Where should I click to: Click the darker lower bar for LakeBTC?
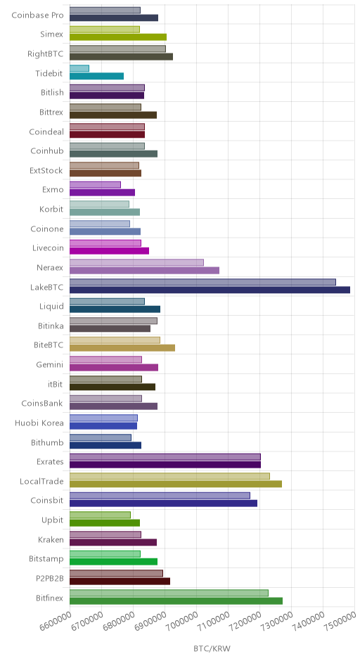(x=210, y=290)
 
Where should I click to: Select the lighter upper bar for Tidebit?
(x=79, y=68)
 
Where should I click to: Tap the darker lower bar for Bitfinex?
(x=176, y=601)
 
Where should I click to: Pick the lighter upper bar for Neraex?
(x=136, y=262)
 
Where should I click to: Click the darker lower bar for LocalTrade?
(x=176, y=484)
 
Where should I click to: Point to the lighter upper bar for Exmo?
(x=95, y=185)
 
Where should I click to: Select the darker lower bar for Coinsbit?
(x=164, y=503)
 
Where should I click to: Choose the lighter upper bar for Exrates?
(x=165, y=456)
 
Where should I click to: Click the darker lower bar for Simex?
(x=118, y=37)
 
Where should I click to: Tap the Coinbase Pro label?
(x=37, y=15)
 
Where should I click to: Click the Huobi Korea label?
(x=39, y=423)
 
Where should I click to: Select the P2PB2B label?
(x=50, y=578)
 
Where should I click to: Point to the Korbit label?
(x=51, y=209)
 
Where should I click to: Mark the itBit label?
(x=56, y=384)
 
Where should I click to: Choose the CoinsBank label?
(x=42, y=404)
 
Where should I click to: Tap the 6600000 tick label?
(x=56, y=622)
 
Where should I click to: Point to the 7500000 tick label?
(x=340, y=622)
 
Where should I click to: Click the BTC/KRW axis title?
(x=212, y=648)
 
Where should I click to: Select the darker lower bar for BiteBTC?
(x=122, y=348)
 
